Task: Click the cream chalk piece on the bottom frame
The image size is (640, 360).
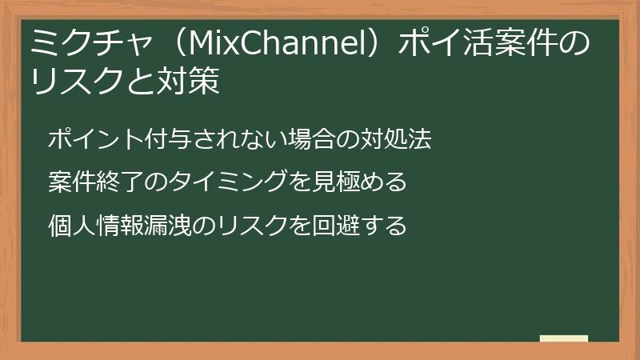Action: tap(564, 339)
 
